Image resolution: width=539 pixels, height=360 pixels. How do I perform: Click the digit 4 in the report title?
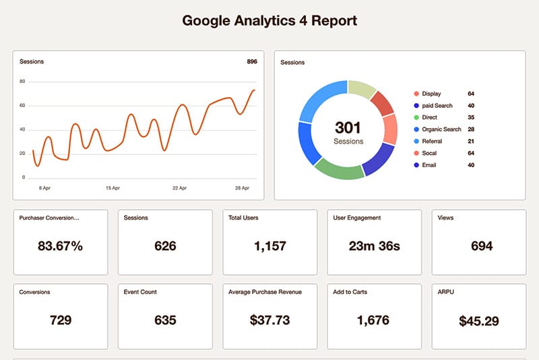(x=300, y=21)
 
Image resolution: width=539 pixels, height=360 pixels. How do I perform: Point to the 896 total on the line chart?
(x=252, y=62)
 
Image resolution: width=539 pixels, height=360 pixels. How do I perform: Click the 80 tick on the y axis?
(x=23, y=82)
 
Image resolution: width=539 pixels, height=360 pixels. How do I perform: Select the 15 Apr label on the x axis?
(x=112, y=188)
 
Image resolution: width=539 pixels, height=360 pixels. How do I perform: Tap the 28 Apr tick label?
(x=243, y=188)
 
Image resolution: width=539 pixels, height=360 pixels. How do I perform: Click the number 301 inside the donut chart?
(x=348, y=127)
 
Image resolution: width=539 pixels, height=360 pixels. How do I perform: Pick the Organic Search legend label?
(x=441, y=129)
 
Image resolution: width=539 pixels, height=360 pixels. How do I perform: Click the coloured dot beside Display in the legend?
(x=416, y=94)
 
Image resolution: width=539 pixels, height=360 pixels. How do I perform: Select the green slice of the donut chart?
(x=338, y=169)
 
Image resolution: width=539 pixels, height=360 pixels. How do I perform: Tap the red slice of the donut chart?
(x=383, y=102)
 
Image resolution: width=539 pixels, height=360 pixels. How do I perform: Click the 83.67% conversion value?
(x=60, y=246)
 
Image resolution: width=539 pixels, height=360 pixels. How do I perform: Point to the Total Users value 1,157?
(x=269, y=246)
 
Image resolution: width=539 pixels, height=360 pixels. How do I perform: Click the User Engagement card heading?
(x=357, y=218)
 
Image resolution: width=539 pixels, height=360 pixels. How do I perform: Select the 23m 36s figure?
(x=374, y=246)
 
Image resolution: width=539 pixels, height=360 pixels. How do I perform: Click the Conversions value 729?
(x=61, y=320)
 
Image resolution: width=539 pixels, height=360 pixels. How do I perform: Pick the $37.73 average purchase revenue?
(x=269, y=320)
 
